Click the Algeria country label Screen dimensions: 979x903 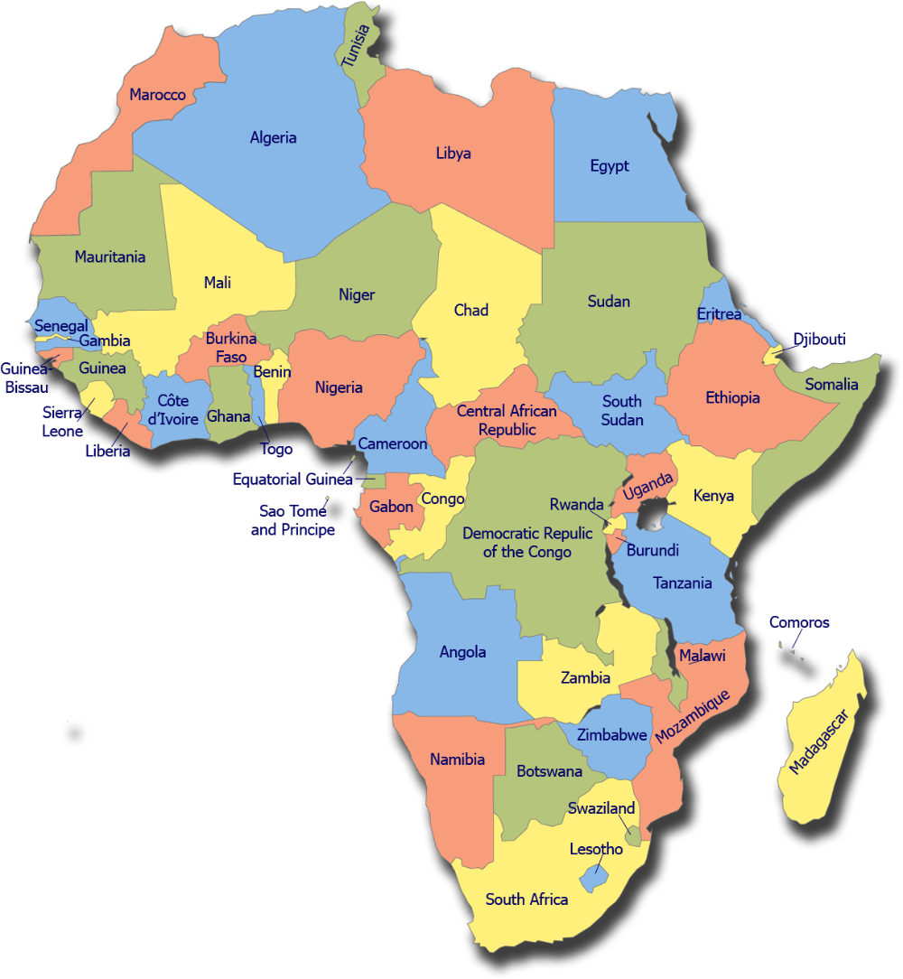273,138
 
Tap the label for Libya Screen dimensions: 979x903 453,154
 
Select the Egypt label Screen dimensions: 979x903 610,166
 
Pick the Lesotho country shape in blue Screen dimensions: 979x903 593,874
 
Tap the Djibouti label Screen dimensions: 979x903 820,340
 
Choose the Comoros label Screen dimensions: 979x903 799,622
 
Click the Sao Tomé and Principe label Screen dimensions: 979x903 293,520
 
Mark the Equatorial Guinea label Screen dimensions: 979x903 291,480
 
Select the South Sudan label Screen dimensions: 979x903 622,410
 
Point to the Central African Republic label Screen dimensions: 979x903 507,421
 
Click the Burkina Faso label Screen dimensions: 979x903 231,348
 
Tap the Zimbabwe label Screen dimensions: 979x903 612,735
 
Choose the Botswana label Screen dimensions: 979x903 549,771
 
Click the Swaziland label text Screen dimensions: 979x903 601,808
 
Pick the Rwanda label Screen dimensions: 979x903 576,505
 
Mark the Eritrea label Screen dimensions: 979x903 719,314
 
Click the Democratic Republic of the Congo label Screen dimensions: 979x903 527,542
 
